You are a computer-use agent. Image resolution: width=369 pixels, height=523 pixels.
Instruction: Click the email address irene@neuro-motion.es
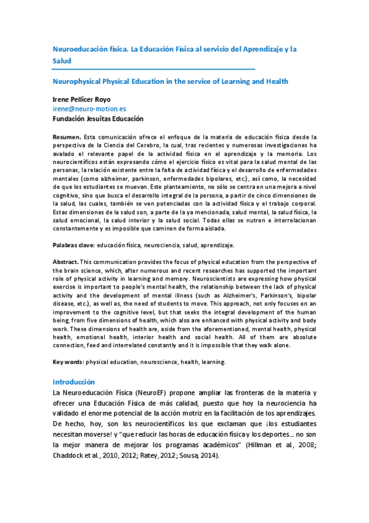click(x=89, y=108)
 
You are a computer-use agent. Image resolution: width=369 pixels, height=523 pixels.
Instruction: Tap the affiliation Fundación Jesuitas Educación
click(x=98, y=118)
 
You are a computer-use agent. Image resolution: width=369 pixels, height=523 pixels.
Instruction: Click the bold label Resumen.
click(x=66, y=136)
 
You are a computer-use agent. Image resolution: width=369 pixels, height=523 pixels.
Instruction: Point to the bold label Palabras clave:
click(x=73, y=245)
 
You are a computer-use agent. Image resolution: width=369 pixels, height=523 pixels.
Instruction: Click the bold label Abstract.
click(x=66, y=262)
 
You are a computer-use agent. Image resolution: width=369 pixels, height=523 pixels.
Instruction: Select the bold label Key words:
click(x=68, y=362)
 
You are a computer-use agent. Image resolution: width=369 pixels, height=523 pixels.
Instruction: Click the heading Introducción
click(x=73, y=382)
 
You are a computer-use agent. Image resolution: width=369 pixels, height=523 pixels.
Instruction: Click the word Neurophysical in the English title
click(x=77, y=81)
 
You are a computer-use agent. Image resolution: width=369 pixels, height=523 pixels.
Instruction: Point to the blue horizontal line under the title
click(x=153, y=68)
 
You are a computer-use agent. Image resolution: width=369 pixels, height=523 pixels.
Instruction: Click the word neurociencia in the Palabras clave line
click(x=160, y=245)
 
